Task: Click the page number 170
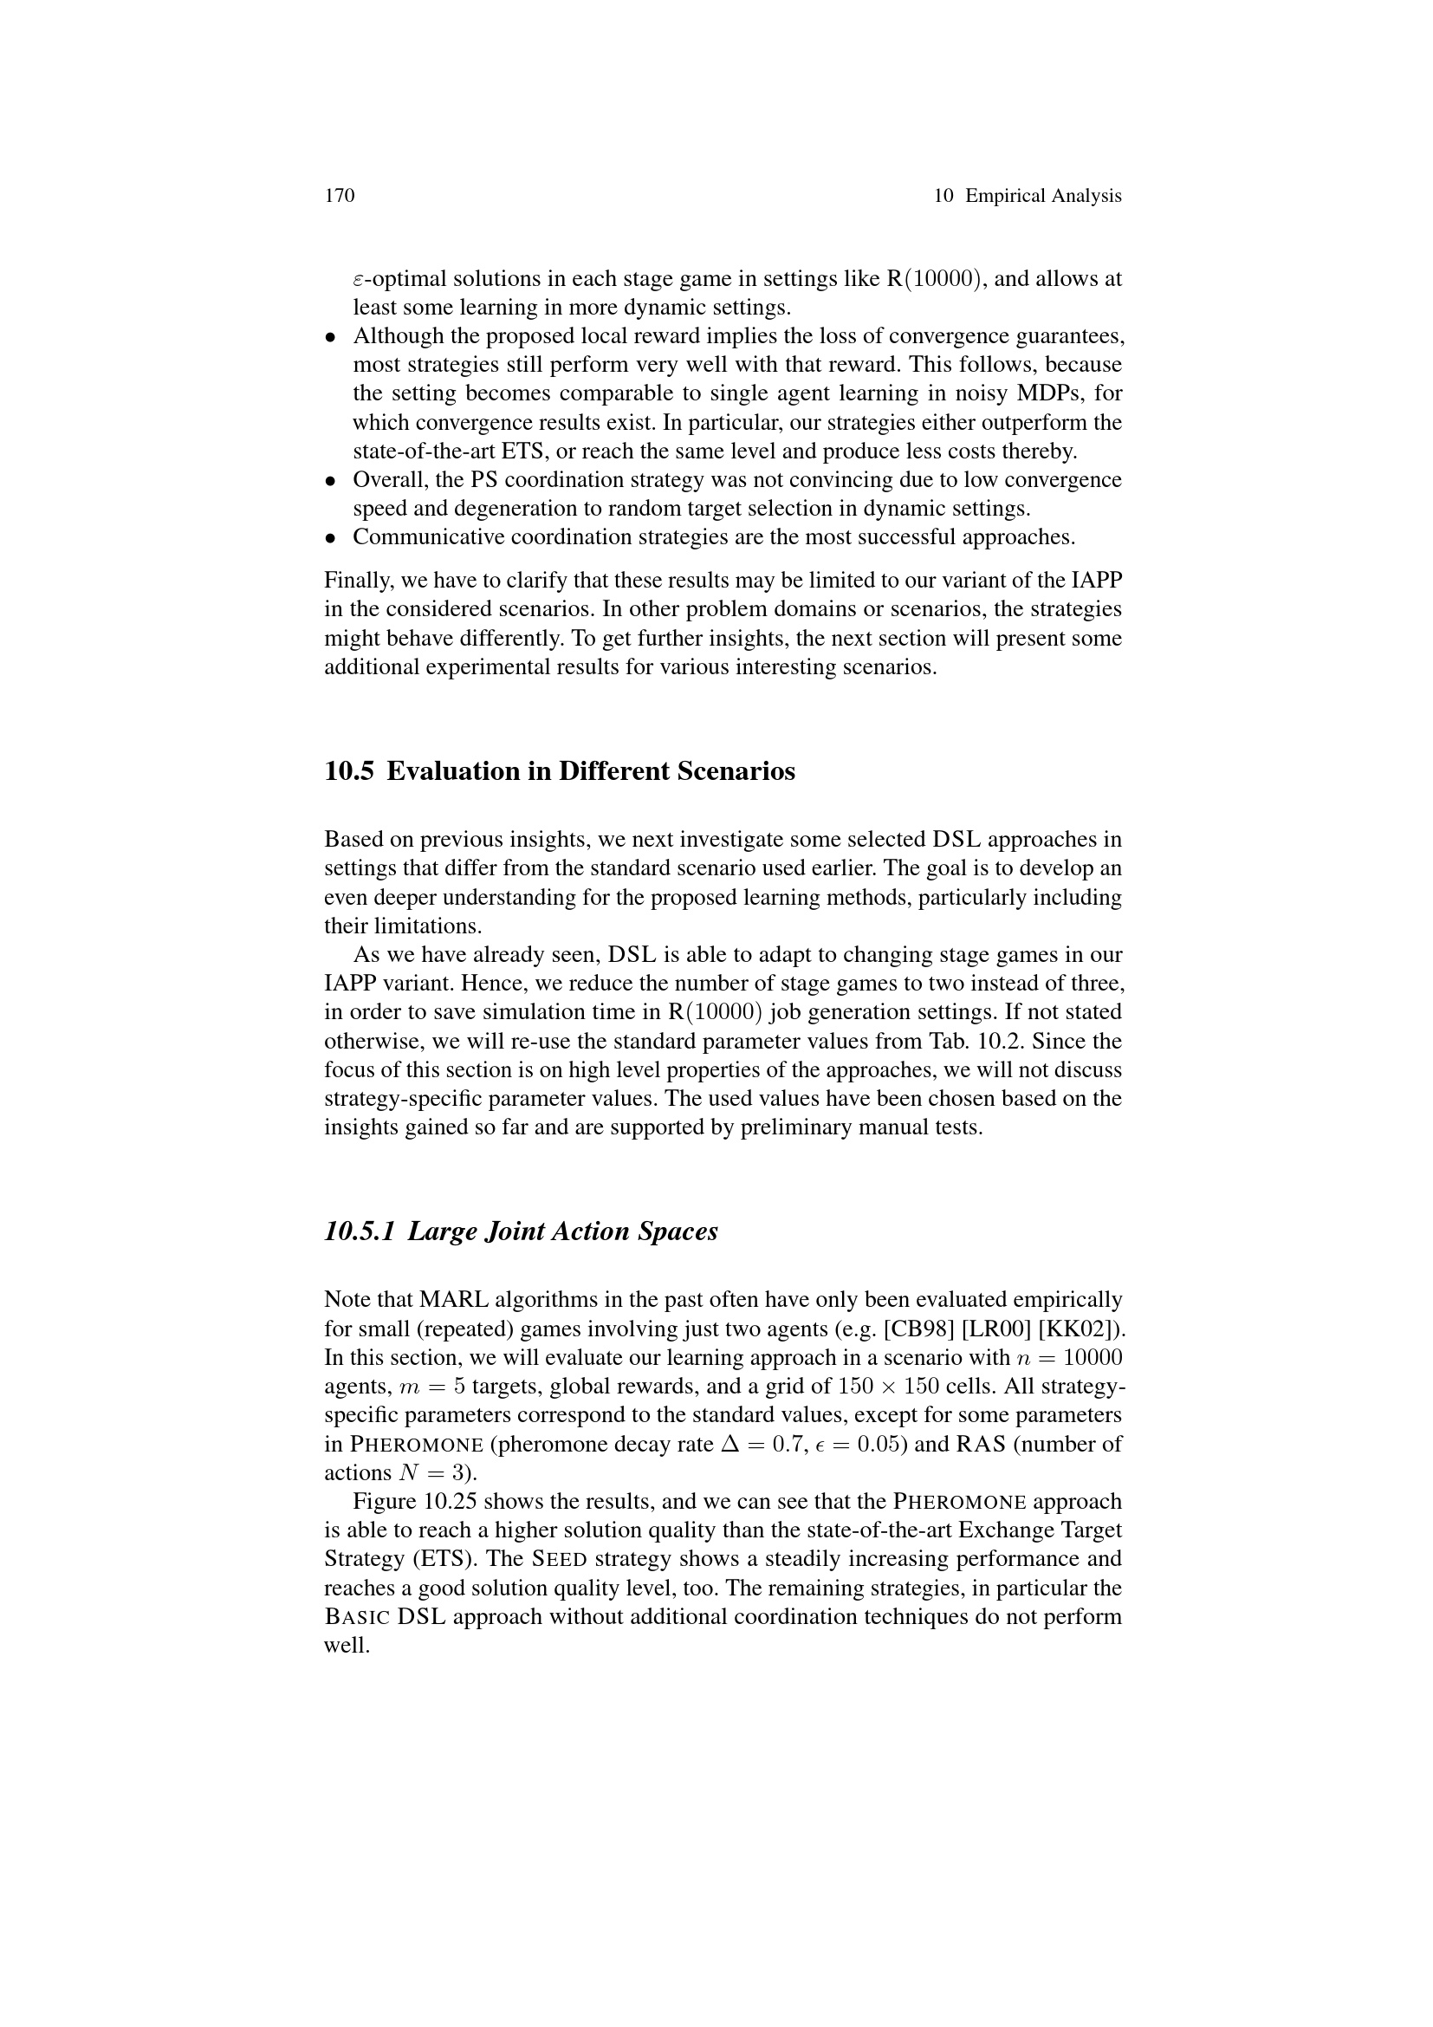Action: tap(340, 195)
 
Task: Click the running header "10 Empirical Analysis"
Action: tap(1028, 195)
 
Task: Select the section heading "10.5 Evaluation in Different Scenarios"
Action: tap(560, 771)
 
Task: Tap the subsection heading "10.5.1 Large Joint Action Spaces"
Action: tap(521, 1231)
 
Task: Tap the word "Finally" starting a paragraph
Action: tap(354, 581)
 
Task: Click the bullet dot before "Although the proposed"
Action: tap(331, 336)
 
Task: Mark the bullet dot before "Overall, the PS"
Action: tap(331, 481)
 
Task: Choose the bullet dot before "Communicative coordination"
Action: tap(331, 537)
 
